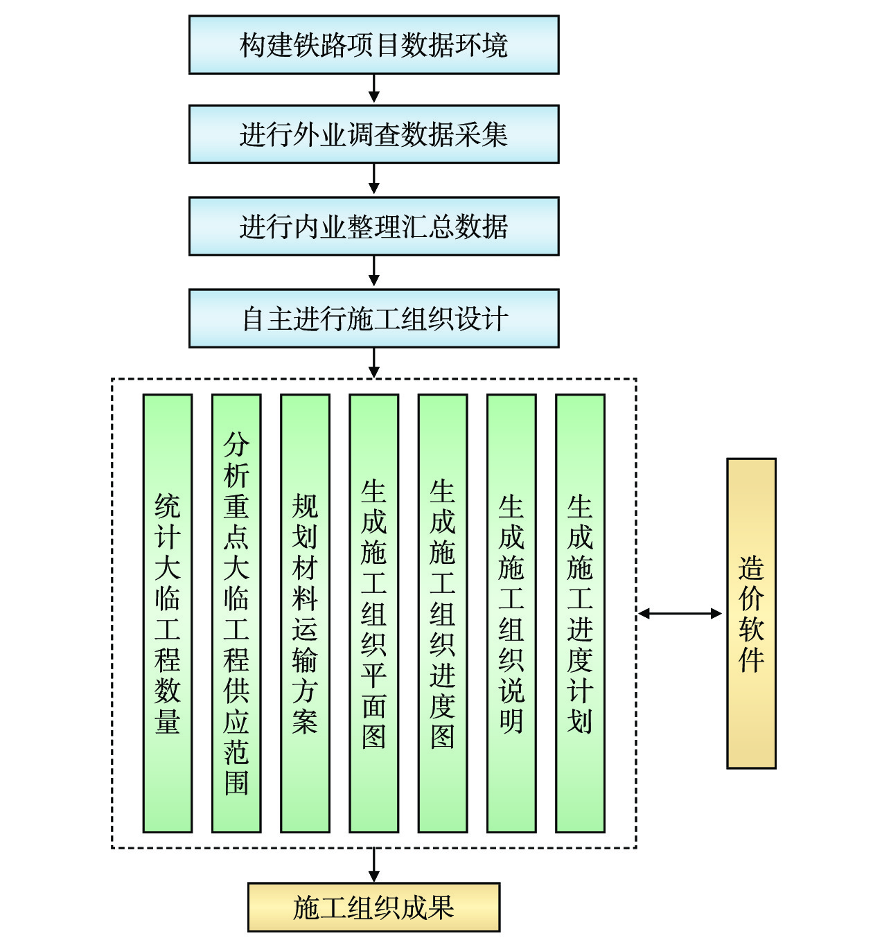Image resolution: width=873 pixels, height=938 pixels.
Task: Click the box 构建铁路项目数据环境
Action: click(373, 45)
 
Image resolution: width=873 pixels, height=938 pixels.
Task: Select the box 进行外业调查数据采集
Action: click(373, 134)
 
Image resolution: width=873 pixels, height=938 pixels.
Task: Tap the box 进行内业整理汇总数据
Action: click(373, 227)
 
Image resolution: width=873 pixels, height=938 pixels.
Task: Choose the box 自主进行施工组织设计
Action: click(373, 319)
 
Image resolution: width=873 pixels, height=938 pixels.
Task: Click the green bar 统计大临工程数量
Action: click(168, 613)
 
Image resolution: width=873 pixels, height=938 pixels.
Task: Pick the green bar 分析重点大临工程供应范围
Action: click(236, 613)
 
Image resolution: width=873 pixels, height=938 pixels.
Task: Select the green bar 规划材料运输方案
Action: click(305, 613)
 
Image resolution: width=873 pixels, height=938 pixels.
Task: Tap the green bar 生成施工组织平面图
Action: click(373, 613)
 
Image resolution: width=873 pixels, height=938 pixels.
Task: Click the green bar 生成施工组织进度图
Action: click(443, 613)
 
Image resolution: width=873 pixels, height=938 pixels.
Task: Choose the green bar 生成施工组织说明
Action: click(511, 613)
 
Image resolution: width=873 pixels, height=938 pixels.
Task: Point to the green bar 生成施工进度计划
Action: click(580, 613)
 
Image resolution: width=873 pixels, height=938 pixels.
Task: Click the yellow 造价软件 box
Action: click(751, 613)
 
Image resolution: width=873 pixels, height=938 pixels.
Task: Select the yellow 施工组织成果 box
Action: click(373, 907)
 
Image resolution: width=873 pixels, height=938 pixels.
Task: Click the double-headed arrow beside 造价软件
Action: click(680, 613)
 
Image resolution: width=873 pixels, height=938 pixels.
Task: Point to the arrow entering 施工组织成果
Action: click(374, 866)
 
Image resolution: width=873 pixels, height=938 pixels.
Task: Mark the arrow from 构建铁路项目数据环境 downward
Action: click(374, 89)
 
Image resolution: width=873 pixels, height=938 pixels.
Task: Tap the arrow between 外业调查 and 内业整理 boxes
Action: click(374, 180)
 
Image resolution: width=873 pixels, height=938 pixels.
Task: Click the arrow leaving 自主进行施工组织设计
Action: click(374, 363)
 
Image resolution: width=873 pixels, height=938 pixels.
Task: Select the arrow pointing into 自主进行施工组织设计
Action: click(374, 272)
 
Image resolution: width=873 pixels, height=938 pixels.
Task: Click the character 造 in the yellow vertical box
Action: click(751, 569)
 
